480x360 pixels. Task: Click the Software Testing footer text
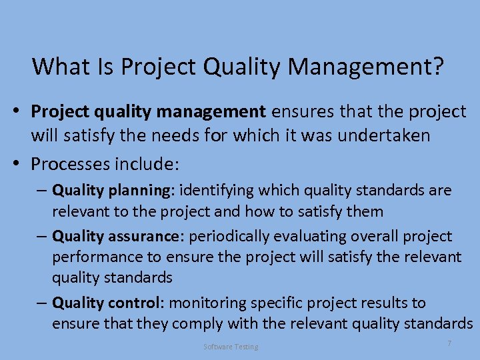(231, 347)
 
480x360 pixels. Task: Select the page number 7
(449, 343)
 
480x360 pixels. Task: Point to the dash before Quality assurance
(41, 237)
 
